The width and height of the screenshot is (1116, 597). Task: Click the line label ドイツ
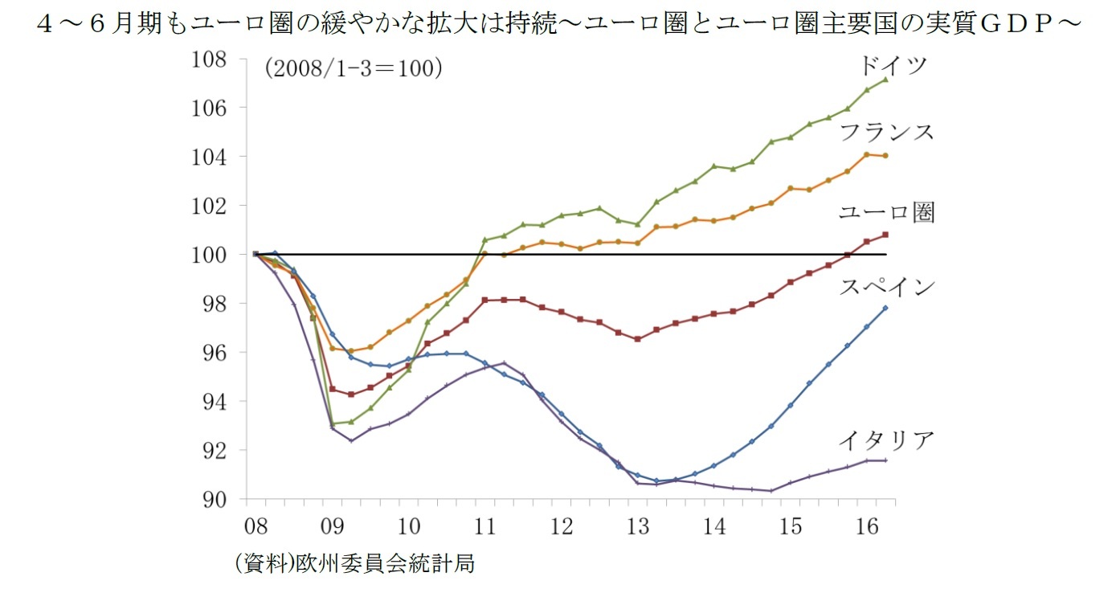(x=893, y=65)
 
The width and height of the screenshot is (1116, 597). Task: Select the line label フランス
(x=887, y=132)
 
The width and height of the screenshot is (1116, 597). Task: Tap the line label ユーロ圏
(x=886, y=213)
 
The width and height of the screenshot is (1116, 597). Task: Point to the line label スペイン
(x=887, y=287)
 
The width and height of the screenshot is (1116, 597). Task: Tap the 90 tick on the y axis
(x=215, y=500)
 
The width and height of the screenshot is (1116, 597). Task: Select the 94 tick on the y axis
(x=215, y=402)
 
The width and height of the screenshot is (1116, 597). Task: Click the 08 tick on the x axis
(x=255, y=527)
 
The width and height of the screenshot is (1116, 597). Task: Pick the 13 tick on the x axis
(x=638, y=527)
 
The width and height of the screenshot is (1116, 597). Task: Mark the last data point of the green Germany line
(x=885, y=79)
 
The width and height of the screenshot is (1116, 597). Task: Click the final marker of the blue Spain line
(x=885, y=308)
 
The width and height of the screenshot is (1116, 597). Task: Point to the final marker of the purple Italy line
(x=885, y=460)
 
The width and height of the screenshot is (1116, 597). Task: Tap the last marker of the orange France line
(x=885, y=156)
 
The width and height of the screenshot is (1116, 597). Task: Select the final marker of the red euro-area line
(x=885, y=235)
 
